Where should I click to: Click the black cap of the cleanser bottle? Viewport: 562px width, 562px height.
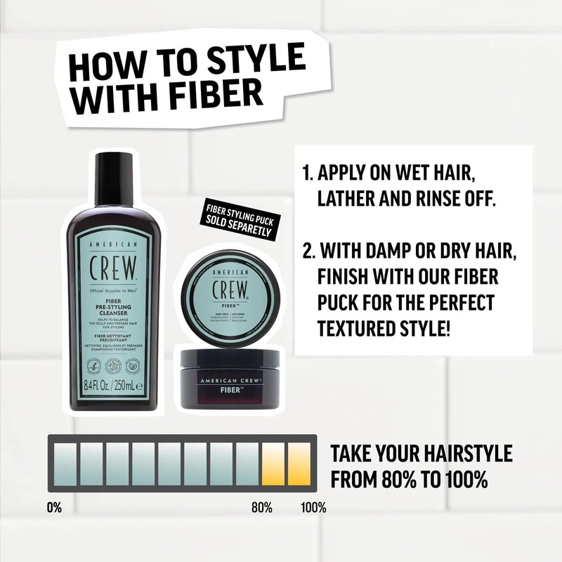(x=113, y=178)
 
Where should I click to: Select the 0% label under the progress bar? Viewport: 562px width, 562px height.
(x=55, y=507)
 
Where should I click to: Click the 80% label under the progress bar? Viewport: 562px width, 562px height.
(x=262, y=507)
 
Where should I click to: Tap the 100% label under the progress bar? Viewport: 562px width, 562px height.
(x=313, y=507)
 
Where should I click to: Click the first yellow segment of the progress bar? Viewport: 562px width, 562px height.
(x=273, y=464)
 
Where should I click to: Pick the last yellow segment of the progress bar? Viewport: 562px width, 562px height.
(x=299, y=464)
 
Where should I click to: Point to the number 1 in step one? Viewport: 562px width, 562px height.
(x=306, y=173)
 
